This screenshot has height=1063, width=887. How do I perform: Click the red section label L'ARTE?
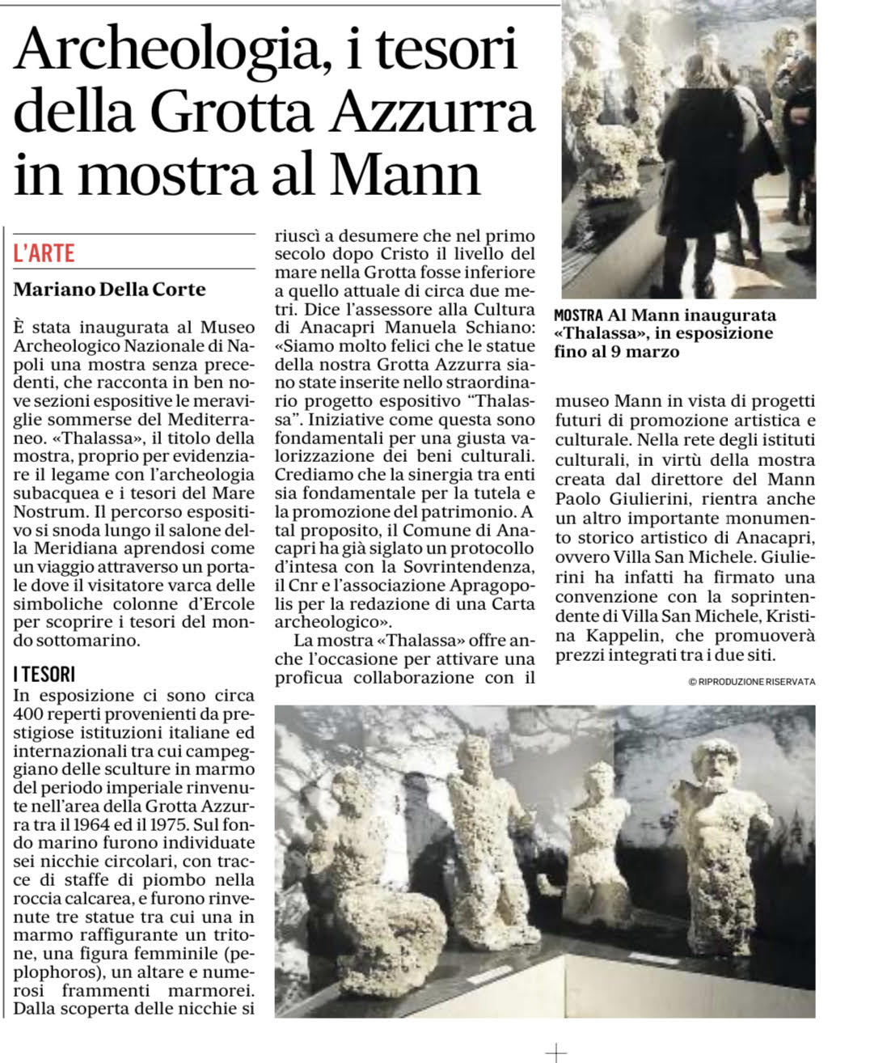point(44,253)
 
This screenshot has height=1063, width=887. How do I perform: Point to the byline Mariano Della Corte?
point(110,289)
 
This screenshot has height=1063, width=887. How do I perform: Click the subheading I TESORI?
point(44,674)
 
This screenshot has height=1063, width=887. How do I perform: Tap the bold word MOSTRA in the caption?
point(578,316)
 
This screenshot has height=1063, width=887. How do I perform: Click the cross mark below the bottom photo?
point(556,1052)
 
